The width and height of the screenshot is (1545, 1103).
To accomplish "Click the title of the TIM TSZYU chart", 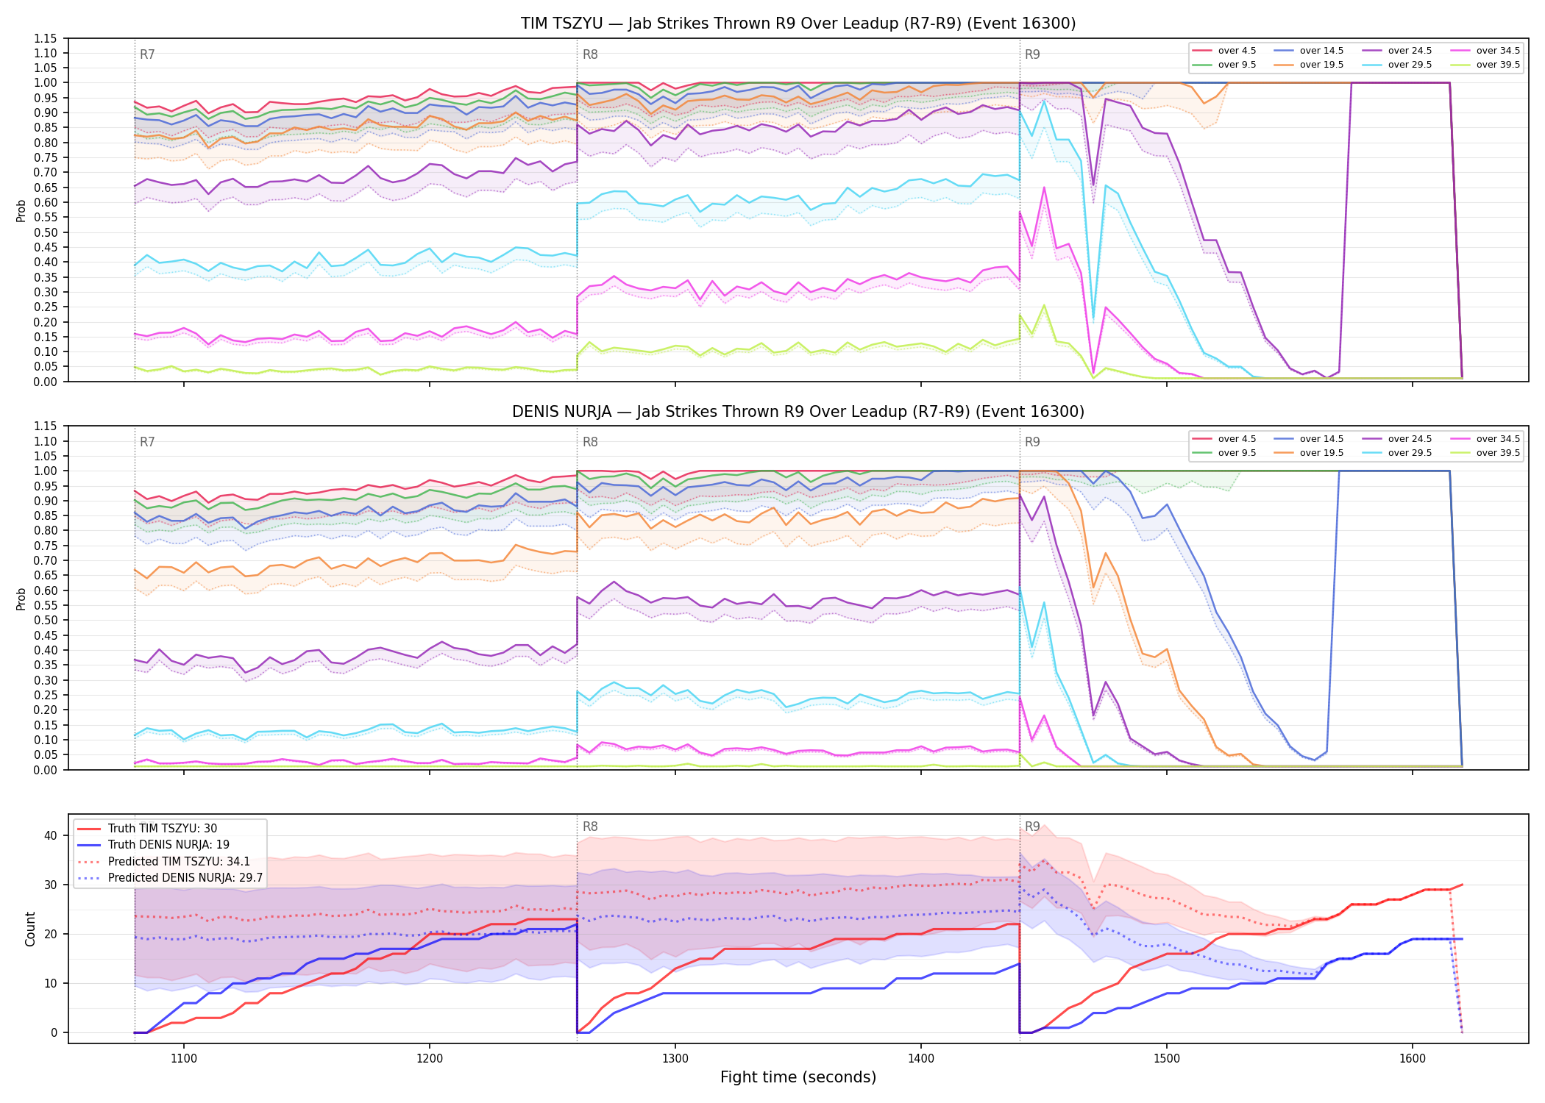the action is [798, 24].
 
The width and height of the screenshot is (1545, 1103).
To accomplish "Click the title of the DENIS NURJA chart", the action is [798, 412].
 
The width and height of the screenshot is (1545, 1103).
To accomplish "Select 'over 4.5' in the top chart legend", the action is [1237, 51].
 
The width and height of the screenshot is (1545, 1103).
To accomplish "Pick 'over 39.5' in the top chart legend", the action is [1498, 65].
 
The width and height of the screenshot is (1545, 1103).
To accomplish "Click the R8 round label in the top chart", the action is [590, 54].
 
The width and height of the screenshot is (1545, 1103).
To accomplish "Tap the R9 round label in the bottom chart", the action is [1032, 827].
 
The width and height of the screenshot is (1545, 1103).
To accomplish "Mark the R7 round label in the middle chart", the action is [147, 442].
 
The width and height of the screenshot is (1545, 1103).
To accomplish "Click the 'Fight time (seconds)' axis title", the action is [798, 1077].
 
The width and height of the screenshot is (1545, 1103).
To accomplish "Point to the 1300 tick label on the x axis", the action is [675, 1059].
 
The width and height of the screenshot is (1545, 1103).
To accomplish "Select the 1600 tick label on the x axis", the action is [1412, 1059].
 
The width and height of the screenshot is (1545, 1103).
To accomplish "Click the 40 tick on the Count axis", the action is [50, 836].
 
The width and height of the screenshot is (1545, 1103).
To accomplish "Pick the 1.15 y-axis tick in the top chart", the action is [46, 38].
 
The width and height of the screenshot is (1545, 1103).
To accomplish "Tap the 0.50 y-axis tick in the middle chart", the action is [46, 621].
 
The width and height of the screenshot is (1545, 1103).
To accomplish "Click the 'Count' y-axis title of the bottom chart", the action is [30, 929].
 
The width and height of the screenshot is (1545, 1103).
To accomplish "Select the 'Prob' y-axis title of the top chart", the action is [21, 210].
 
